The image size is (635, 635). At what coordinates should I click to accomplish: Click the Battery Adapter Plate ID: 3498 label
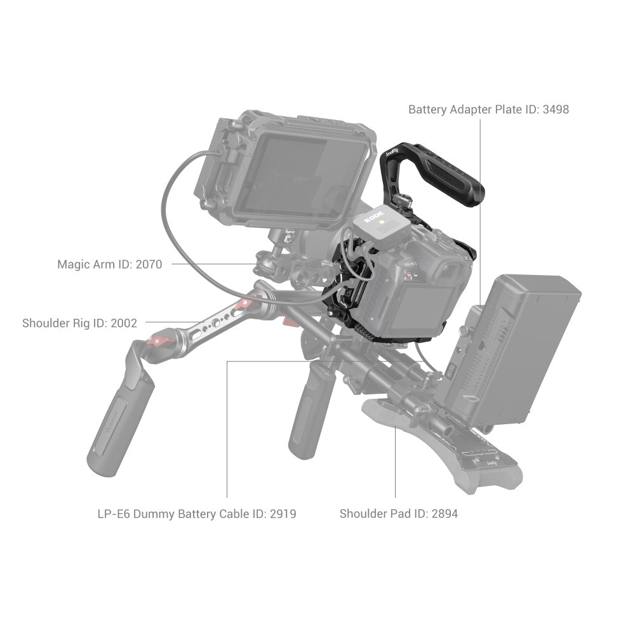click(x=488, y=109)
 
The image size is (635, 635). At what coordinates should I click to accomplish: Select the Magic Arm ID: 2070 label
click(x=109, y=264)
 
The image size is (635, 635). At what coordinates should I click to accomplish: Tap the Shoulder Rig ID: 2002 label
click(x=79, y=323)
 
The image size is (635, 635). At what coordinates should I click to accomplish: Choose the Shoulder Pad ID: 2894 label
click(x=398, y=513)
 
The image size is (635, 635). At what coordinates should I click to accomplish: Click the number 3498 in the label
click(x=556, y=109)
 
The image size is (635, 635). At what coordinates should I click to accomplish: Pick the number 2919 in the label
click(x=283, y=513)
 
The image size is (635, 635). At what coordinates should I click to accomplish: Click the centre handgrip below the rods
click(x=308, y=413)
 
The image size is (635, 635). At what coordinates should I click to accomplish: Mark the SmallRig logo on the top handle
click(x=392, y=152)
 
